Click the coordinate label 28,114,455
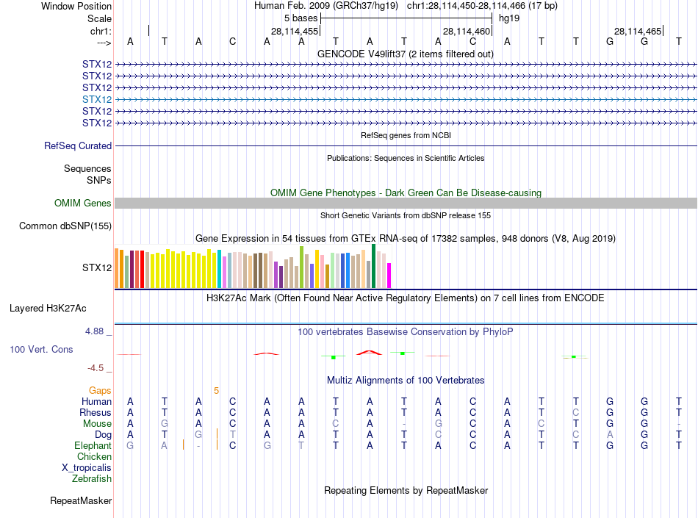(x=295, y=31)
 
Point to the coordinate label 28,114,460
(x=467, y=31)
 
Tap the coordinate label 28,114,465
(x=638, y=31)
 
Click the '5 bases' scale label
(x=301, y=18)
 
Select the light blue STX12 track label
(x=97, y=99)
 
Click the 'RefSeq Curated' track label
(x=78, y=146)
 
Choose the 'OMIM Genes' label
(x=83, y=204)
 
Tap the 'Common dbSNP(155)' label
(x=65, y=226)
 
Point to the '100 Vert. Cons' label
(x=41, y=350)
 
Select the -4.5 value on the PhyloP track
(x=96, y=368)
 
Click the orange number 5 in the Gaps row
(x=216, y=391)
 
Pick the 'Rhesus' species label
(x=96, y=413)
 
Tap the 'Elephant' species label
(x=93, y=446)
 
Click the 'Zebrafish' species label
(x=92, y=479)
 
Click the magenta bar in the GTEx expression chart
(x=389, y=276)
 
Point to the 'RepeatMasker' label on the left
(x=81, y=501)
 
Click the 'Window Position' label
(x=76, y=6)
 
